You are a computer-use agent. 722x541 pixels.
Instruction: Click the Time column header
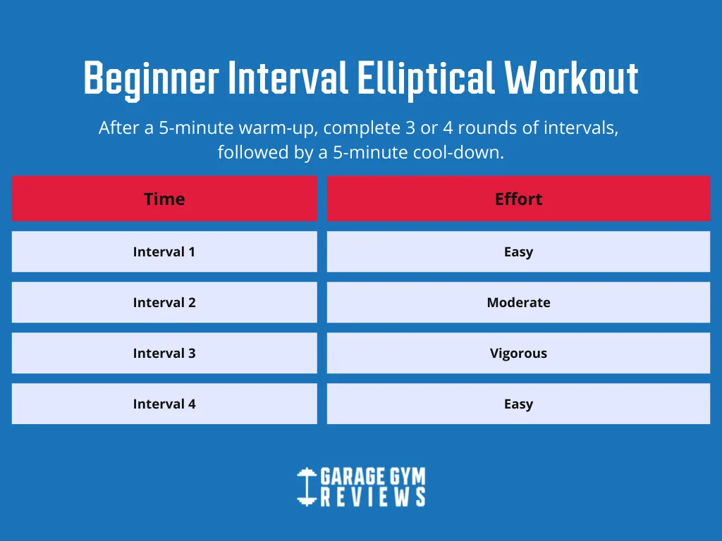click(164, 199)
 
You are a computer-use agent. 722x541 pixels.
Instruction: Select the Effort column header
click(518, 199)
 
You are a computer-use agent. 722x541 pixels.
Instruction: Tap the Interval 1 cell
click(164, 251)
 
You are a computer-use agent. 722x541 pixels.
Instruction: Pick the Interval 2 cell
click(164, 302)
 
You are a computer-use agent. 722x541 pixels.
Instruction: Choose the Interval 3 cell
click(164, 353)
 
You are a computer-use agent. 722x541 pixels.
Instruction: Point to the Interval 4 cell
click(164, 404)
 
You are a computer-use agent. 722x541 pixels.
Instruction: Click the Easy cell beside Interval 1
click(518, 251)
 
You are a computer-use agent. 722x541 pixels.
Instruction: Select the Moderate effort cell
click(518, 302)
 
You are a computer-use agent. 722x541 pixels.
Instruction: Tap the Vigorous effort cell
click(518, 353)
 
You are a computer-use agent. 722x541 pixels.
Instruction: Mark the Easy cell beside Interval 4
click(518, 404)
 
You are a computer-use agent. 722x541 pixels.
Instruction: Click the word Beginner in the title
click(151, 80)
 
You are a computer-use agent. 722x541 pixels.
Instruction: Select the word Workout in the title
click(571, 77)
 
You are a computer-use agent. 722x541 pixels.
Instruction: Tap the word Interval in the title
click(288, 77)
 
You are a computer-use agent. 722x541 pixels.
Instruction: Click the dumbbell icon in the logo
click(307, 487)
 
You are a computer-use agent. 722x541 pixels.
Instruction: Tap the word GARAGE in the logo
click(353, 476)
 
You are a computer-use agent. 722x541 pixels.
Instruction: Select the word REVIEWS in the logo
click(373, 497)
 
